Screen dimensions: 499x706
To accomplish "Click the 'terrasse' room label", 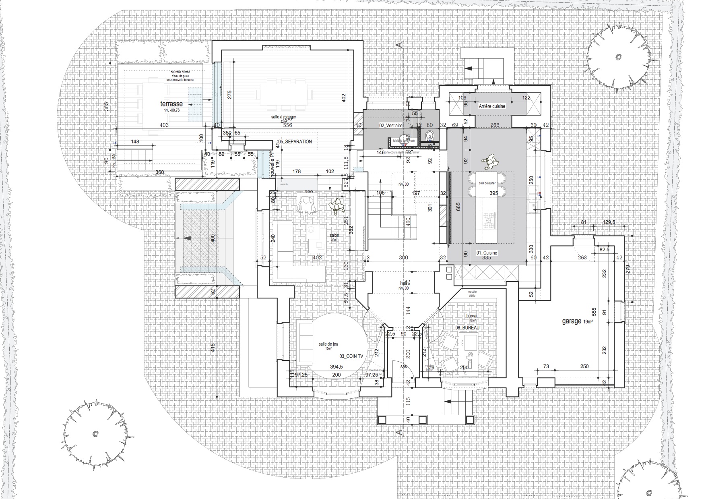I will (171, 104).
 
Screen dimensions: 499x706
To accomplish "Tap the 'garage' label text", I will (572, 321).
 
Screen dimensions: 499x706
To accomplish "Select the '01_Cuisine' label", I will (487, 253).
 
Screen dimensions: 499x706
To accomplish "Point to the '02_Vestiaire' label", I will (391, 126).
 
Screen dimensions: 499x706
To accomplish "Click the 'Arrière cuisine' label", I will (492, 106).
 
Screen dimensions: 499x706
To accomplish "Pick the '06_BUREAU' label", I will (467, 328).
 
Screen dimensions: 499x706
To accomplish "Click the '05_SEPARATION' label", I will (295, 142).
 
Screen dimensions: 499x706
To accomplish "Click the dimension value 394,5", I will (337, 367).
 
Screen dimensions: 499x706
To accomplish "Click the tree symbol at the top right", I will (617, 57).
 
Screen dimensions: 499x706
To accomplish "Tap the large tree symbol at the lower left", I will (95, 434).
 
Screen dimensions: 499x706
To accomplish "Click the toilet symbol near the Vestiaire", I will (430, 135).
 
